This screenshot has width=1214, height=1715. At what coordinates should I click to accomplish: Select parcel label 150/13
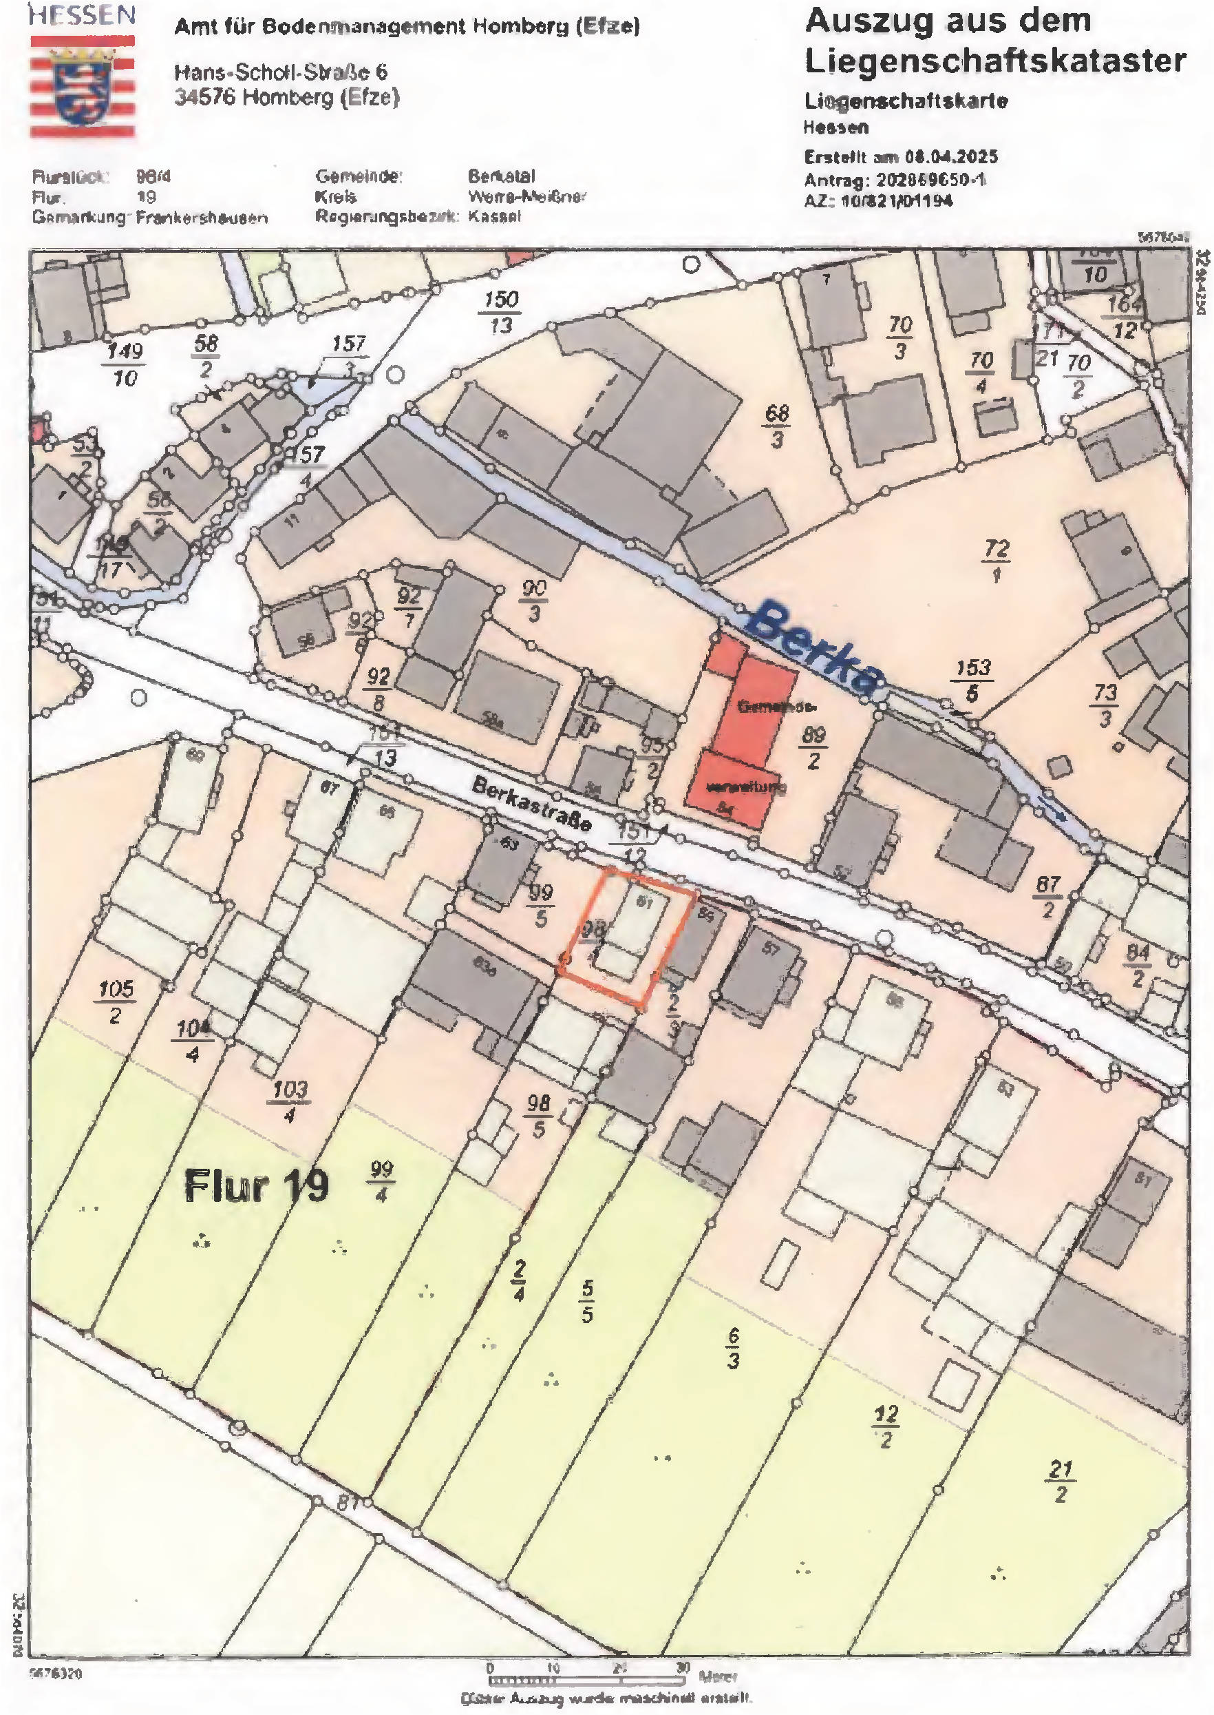[x=500, y=312]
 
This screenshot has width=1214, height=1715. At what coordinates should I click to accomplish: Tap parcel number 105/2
[x=116, y=1001]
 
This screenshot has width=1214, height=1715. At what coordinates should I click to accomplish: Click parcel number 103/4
[x=290, y=1102]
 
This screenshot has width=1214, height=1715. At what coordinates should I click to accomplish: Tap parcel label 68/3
[x=778, y=426]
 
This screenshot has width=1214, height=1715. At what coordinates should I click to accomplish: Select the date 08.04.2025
[x=951, y=157]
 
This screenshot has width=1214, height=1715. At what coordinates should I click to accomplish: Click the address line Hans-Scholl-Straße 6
[x=281, y=72]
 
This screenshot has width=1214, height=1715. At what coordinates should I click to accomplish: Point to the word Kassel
[x=494, y=217]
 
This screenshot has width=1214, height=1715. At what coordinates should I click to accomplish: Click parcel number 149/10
[x=124, y=364]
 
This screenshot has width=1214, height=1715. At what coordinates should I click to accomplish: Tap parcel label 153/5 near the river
[x=972, y=680]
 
